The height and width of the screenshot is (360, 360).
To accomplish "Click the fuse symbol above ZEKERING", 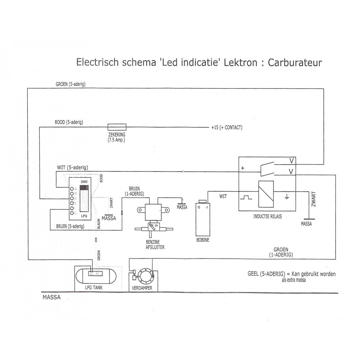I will click(117, 126).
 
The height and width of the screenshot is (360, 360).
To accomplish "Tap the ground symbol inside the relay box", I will click(287, 197).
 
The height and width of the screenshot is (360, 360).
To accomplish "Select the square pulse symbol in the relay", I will click(247, 197).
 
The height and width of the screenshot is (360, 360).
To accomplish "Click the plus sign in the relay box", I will click(242, 168).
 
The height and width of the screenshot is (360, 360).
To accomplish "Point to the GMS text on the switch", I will click(84, 182).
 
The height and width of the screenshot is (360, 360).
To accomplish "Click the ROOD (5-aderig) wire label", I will click(69, 122).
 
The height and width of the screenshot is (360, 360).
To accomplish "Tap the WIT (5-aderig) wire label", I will click(73, 167).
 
